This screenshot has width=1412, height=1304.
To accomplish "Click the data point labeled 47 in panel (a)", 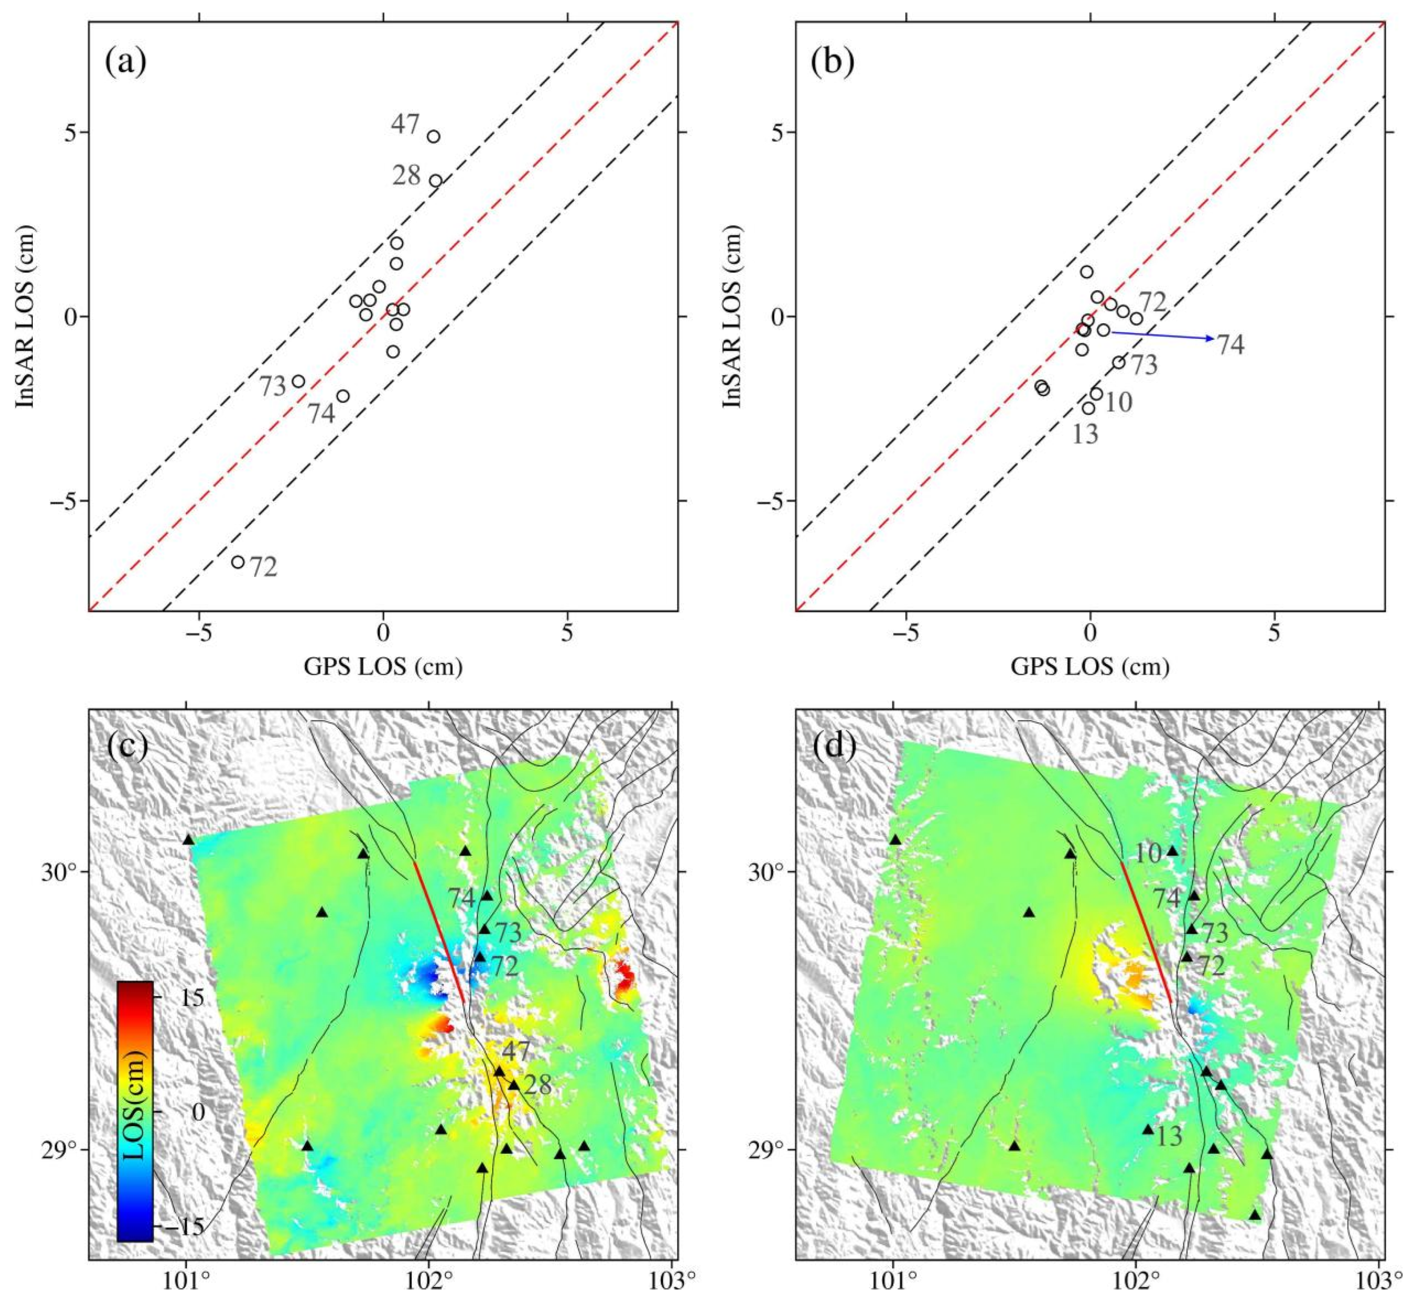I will coord(434,136).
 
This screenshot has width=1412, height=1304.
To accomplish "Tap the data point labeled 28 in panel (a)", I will coord(436,181).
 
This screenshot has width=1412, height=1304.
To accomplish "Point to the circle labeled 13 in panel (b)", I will coord(1089,408).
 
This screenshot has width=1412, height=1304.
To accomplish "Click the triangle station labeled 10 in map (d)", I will coord(1173,851).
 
